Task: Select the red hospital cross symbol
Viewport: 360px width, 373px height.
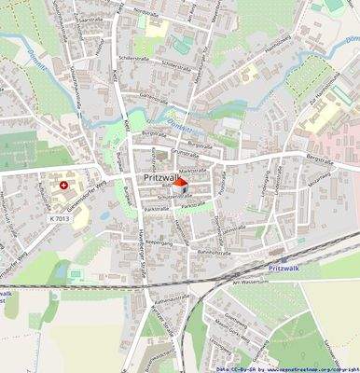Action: point(63,186)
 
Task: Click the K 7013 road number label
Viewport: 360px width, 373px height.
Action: point(60,217)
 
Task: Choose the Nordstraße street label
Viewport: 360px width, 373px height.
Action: point(147,12)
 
